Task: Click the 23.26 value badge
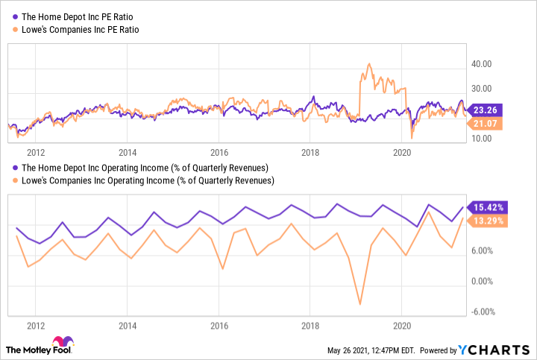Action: click(488, 109)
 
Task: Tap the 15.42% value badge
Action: click(489, 206)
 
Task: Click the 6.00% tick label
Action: click(484, 251)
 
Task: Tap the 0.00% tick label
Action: click(484, 282)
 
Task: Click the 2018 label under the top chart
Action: click(310, 152)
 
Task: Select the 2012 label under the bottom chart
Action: click(35, 326)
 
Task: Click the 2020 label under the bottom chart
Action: click(402, 326)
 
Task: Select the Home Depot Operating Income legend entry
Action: click(140, 168)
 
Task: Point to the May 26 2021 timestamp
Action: click(372, 350)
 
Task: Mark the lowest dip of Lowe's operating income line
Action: click(360, 304)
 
